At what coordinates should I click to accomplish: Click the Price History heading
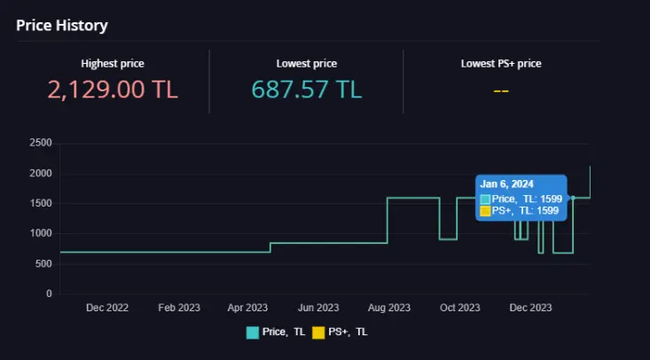point(62,26)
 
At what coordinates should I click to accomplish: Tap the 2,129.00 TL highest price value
point(113,90)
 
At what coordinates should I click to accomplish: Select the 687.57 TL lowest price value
point(307,90)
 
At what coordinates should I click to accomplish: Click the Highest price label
point(113,64)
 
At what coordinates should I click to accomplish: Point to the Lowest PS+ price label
point(501,64)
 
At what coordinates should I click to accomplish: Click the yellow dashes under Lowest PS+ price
point(501,90)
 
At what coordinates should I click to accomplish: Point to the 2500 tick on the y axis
point(41,143)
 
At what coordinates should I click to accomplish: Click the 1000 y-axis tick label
point(41,233)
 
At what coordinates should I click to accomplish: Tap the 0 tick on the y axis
point(49,293)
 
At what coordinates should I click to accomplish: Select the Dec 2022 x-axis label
point(107,308)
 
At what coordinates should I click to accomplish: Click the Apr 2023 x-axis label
point(247,308)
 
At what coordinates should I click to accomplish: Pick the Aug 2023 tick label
point(388,308)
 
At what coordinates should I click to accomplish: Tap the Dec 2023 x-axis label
point(530,308)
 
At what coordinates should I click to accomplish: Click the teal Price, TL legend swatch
point(253,333)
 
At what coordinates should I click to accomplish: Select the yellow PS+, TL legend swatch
point(318,333)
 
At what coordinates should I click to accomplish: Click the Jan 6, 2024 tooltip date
point(506,184)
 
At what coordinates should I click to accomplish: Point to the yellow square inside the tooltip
point(485,211)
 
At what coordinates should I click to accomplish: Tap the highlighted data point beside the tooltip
point(573,198)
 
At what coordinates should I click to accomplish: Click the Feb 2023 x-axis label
point(179,308)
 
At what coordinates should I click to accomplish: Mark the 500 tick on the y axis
point(43,263)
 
